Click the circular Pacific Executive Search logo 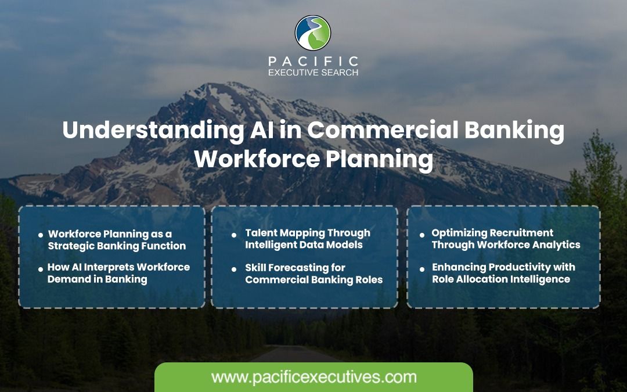pos(313,33)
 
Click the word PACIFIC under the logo pos(313,61)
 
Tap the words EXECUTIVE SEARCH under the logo pos(313,73)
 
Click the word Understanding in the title pos(153,131)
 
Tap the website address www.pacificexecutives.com pos(314,377)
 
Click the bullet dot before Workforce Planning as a pos(41,235)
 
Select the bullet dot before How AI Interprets pos(41,269)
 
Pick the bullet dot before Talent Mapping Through pos(234,235)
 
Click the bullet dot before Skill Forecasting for pos(234,269)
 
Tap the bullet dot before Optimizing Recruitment pos(422,235)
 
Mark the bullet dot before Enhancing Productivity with pos(422,269)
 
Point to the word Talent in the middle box pos(260,233)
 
